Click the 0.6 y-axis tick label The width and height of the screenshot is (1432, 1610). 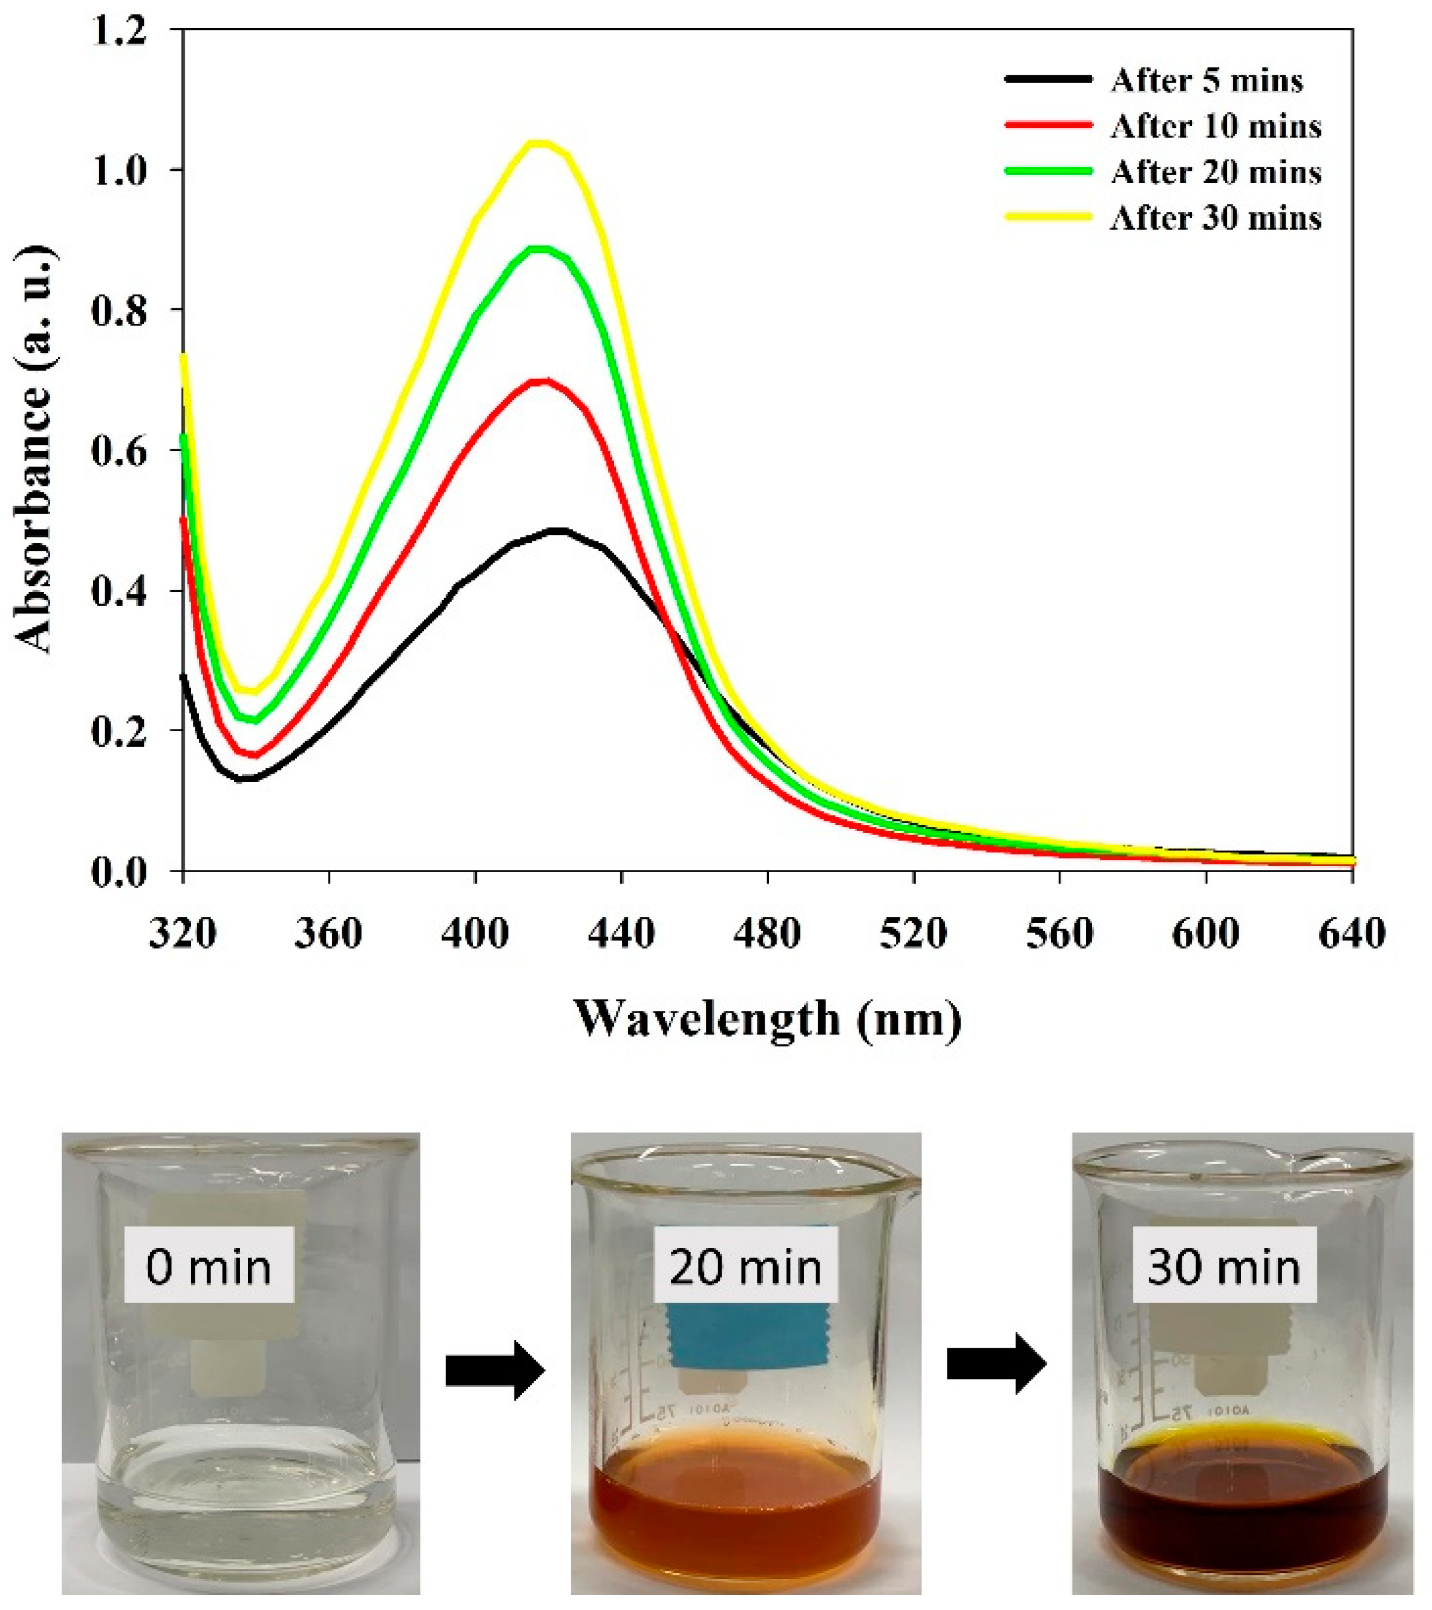click(x=118, y=450)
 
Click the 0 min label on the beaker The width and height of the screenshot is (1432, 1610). click(x=208, y=1268)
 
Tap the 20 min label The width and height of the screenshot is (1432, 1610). click(x=745, y=1268)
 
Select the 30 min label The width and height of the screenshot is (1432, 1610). click(x=1224, y=1268)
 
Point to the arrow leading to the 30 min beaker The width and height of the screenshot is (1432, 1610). click(x=996, y=1363)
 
